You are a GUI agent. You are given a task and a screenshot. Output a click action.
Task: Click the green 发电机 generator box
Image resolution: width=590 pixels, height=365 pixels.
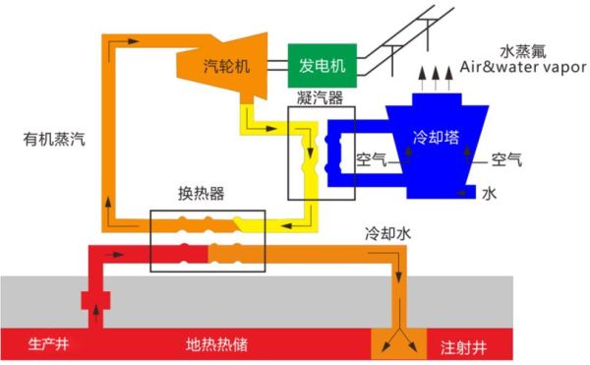(322, 65)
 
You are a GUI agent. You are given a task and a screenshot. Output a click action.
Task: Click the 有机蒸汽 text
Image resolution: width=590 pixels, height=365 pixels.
(54, 139)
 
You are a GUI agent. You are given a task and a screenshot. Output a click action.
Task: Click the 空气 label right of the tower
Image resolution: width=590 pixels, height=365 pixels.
(506, 157)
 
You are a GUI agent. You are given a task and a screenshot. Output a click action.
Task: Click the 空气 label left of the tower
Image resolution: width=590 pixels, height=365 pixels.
(372, 157)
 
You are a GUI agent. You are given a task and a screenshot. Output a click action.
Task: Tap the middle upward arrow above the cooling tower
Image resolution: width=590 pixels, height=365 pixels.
(436, 77)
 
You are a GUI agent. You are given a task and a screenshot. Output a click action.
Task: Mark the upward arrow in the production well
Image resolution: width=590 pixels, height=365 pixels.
(96, 321)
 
